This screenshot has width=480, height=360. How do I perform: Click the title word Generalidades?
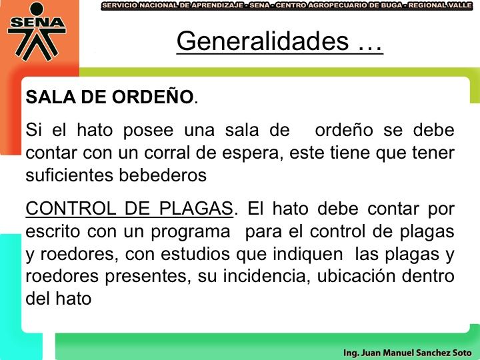[263, 41]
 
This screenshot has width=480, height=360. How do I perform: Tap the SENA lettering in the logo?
[37, 23]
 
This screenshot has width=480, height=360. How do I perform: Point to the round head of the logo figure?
[37, 9]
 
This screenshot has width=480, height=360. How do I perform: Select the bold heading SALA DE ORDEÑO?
[109, 97]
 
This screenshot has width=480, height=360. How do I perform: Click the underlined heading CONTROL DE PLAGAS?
[129, 209]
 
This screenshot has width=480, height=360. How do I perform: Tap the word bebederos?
[163, 175]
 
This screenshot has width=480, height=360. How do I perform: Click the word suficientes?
[69, 175]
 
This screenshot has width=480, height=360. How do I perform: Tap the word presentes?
[146, 277]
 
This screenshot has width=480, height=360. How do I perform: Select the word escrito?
[53, 231]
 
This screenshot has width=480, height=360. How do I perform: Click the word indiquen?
[307, 255]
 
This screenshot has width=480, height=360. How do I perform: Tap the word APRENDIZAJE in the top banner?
[217, 5]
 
